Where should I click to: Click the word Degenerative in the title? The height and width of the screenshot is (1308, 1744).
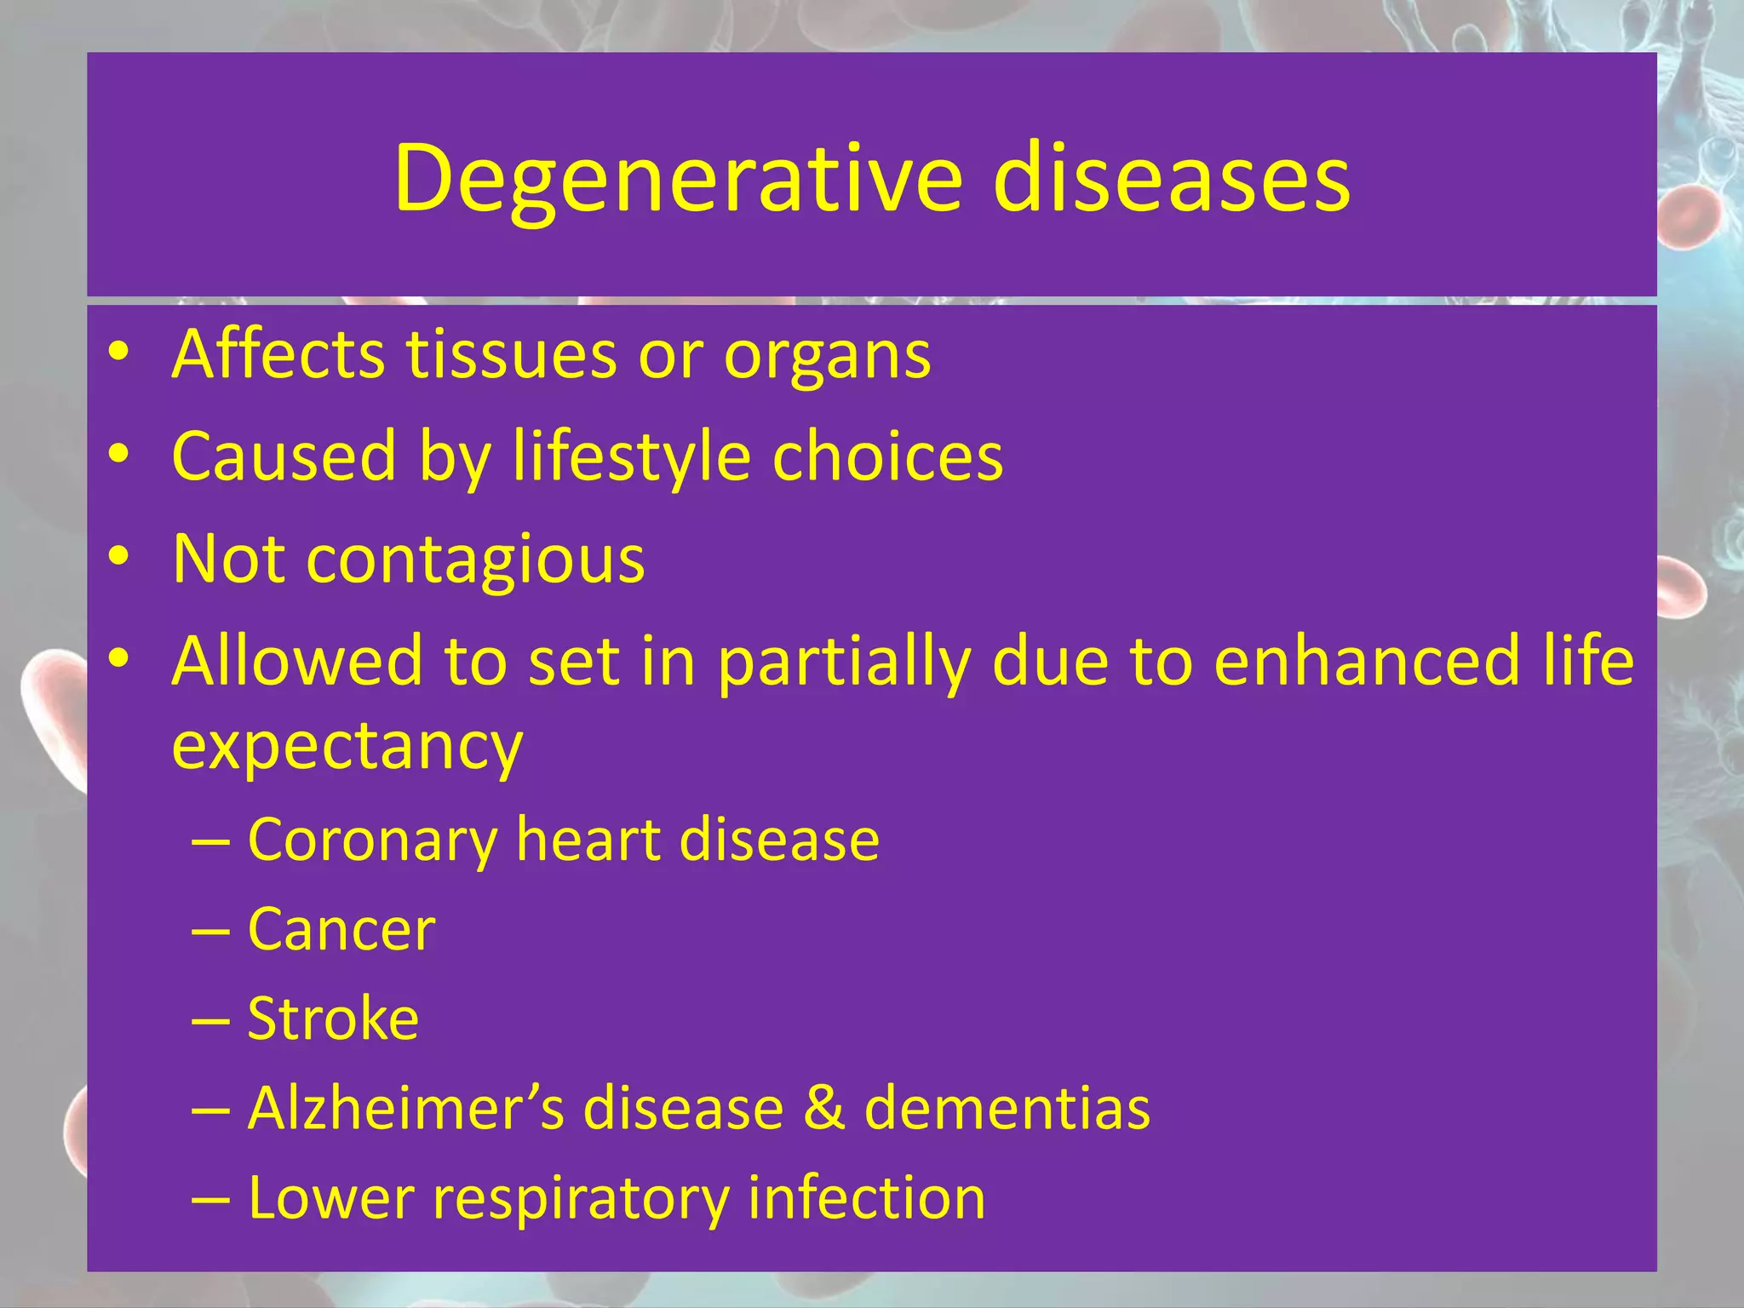(677, 179)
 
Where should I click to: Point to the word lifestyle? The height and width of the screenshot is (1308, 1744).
(631, 458)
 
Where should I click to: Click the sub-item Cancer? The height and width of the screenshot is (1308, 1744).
(341, 930)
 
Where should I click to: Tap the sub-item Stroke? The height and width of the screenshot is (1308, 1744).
(333, 1019)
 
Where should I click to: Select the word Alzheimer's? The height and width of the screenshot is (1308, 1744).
(405, 1109)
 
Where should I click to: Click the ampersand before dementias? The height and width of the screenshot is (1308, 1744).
(824, 1109)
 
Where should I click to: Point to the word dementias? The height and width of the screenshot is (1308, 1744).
(1007, 1109)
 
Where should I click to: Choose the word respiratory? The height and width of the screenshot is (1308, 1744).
(580, 1199)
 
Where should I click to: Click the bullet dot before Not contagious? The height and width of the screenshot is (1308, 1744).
(118, 556)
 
